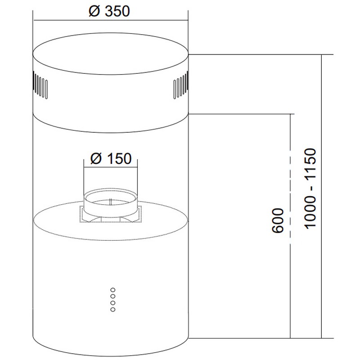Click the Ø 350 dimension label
tap(109, 11)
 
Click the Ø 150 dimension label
tap(111, 158)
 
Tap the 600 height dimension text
tap(278, 220)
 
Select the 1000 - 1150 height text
tap(310, 189)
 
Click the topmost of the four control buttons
tap(113, 290)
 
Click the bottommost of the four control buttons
tap(113, 310)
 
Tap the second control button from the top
tap(113, 297)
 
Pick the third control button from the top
tap(113, 303)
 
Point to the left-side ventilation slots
tap(40, 85)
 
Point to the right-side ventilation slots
tap(181, 85)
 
